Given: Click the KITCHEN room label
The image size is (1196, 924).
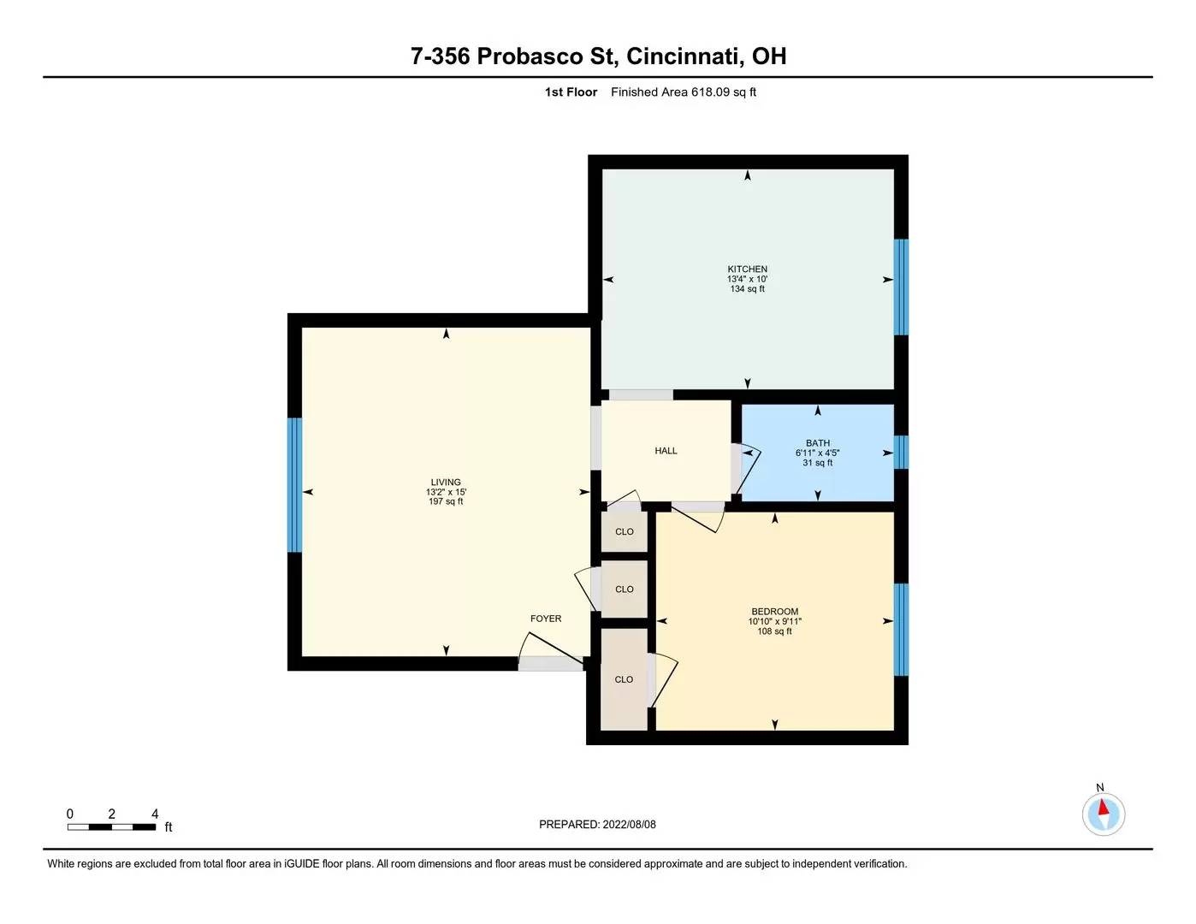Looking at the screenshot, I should coord(747,269).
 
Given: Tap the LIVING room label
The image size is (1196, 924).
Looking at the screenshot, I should coord(446,483).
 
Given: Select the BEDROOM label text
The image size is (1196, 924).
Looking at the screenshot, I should coord(774,612).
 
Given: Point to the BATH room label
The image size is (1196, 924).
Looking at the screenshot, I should coord(817,443).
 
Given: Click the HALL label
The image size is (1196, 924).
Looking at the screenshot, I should coord(666,451).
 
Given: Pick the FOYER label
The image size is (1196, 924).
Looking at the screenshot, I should coord(546,619).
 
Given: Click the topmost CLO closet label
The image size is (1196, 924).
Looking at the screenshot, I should coord(625,532).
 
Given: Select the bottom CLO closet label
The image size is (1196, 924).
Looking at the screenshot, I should coord(624,679).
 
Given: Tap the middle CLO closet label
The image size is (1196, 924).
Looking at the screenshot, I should coord(625,589).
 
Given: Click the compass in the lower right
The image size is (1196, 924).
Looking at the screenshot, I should coord(1103,814).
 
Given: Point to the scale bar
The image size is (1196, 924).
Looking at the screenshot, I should coord(111,826).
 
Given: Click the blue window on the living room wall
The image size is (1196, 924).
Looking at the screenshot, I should coord(295,485).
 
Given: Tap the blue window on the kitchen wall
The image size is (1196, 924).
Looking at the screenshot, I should coord(901,287).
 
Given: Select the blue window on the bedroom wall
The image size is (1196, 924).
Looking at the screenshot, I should coord(901,630).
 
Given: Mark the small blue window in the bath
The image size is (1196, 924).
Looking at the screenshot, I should coord(901,453).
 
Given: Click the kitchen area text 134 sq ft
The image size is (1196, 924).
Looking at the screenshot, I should coord(747,289).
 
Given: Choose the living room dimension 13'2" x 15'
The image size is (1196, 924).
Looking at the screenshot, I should coord(446,493).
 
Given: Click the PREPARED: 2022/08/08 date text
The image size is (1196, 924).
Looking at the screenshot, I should coord(597,825).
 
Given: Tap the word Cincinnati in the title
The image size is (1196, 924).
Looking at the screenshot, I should coord(684,56).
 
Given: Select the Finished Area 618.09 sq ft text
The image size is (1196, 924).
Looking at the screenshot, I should coord(683,92).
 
